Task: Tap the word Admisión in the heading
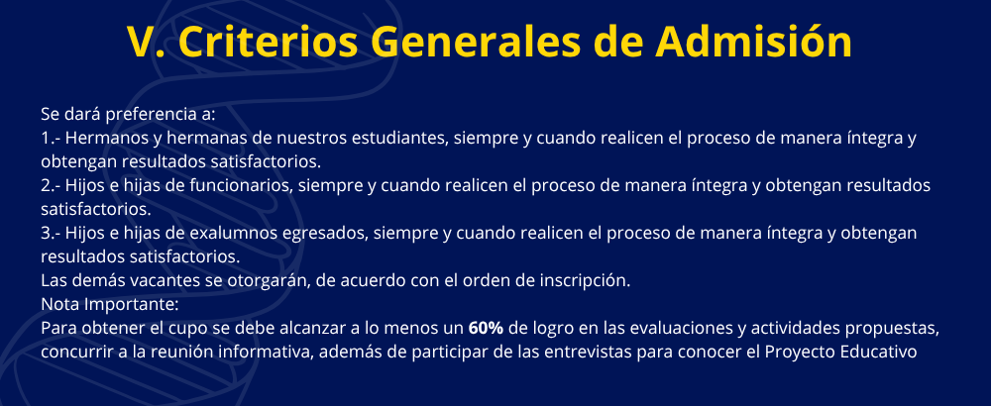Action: pos(753,42)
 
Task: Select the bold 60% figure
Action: pos(486,329)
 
